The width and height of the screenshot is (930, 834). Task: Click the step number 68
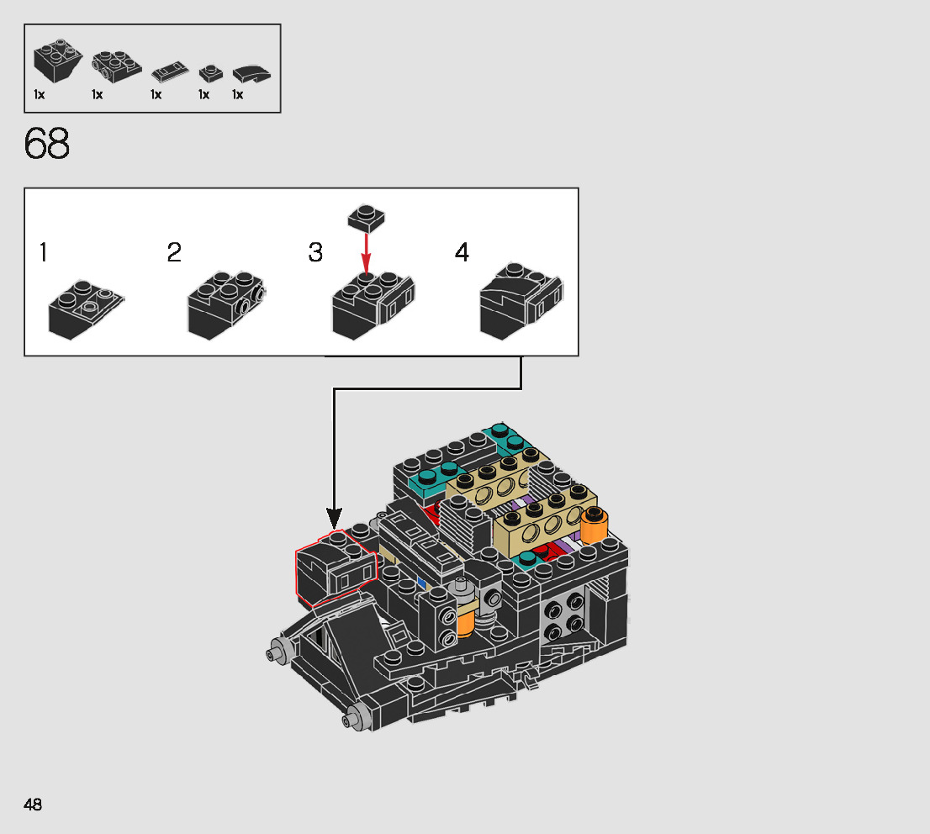[x=47, y=144]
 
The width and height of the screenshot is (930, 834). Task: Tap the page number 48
[x=33, y=805]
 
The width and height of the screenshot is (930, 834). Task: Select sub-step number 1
[x=43, y=252]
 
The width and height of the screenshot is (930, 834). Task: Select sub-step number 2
[x=174, y=252]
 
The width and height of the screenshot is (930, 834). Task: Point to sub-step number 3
[x=315, y=252]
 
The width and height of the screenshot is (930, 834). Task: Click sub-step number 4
[x=462, y=252]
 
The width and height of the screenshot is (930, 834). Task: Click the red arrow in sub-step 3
[x=366, y=253]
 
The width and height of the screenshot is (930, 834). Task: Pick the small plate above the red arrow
[x=366, y=218]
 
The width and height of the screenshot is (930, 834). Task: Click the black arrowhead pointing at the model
[x=335, y=519]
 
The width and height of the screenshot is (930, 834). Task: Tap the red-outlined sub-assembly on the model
[x=336, y=568]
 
